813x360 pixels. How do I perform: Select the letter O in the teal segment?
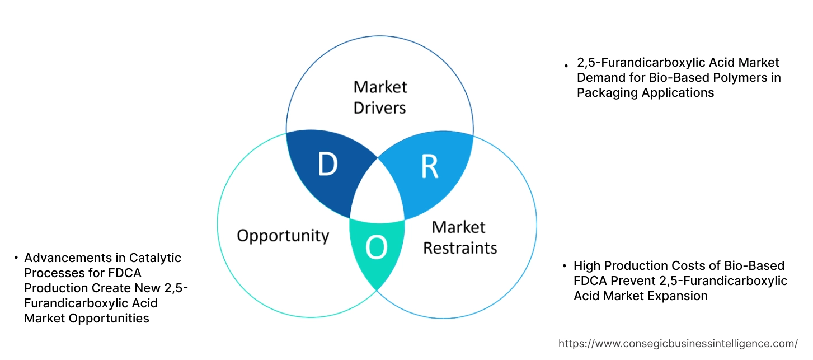(376, 248)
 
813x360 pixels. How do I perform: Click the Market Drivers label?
(380, 97)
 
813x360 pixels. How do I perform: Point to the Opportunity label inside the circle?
(283, 235)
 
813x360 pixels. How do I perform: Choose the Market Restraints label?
(459, 237)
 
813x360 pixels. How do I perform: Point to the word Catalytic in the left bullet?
(156, 258)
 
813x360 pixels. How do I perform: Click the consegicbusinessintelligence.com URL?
(678, 343)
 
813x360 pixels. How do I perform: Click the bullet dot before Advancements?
(16, 258)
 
